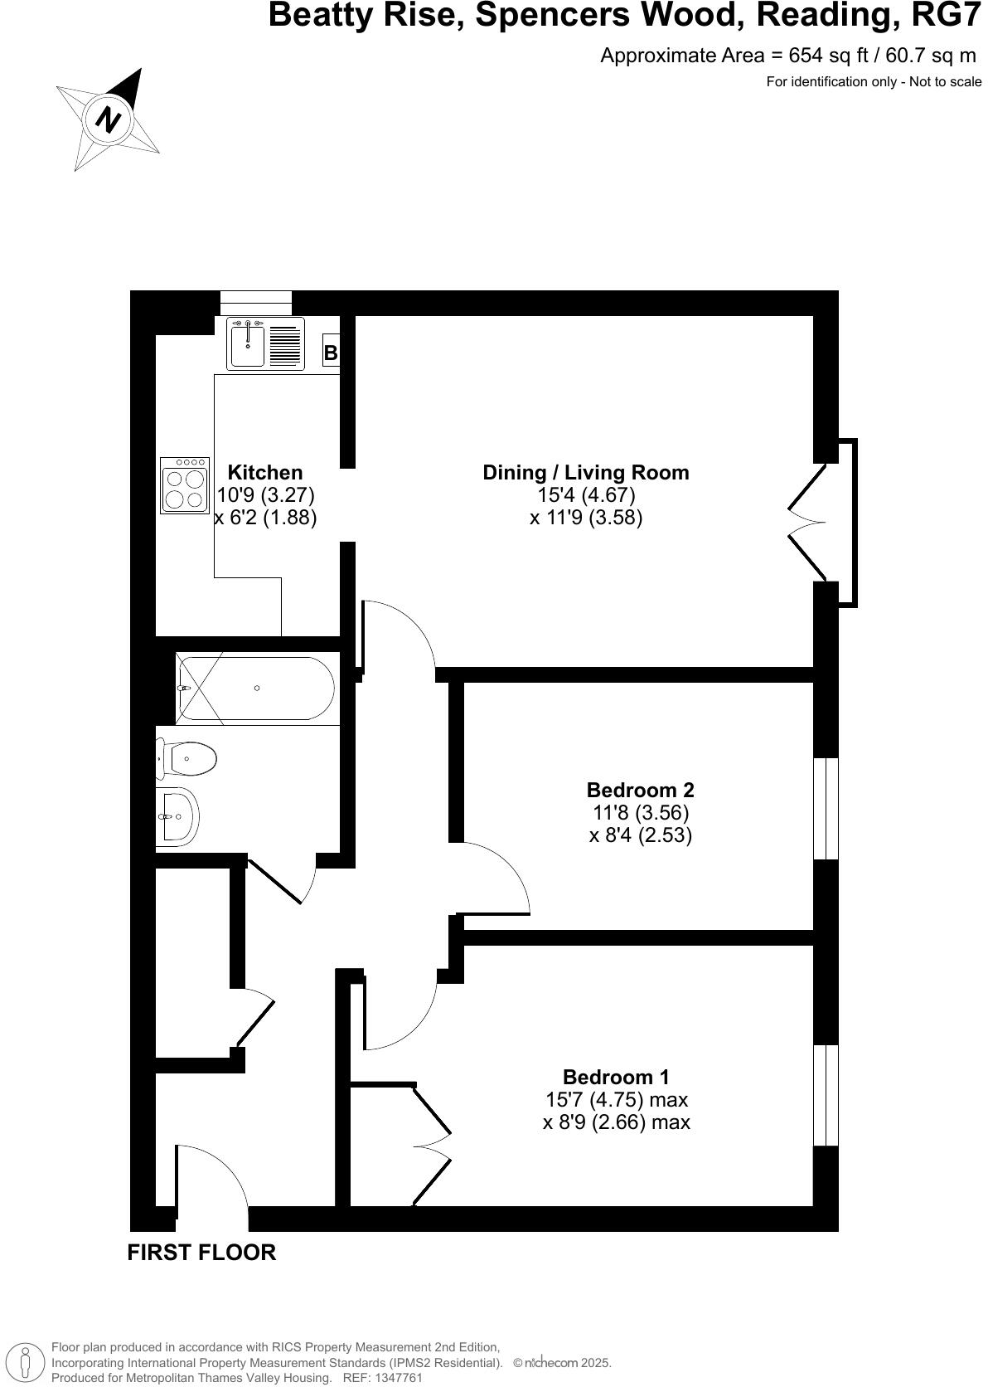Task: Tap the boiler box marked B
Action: click(x=331, y=353)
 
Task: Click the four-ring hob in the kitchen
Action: click(x=185, y=486)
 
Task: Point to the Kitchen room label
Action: click(x=265, y=473)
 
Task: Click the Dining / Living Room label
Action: click(x=586, y=473)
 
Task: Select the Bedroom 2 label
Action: click(x=640, y=790)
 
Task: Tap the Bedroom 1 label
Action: click(x=616, y=1077)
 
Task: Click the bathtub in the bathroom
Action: click(x=255, y=688)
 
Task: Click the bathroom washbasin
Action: click(x=177, y=816)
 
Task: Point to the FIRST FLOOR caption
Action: click(x=201, y=1253)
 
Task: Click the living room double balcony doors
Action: click(x=808, y=523)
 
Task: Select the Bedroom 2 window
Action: click(x=826, y=808)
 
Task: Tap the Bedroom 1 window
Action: click(x=826, y=1095)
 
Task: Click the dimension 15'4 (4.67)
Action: click(x=586, y=495)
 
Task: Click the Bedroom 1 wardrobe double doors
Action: click(x=431, y=1145)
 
